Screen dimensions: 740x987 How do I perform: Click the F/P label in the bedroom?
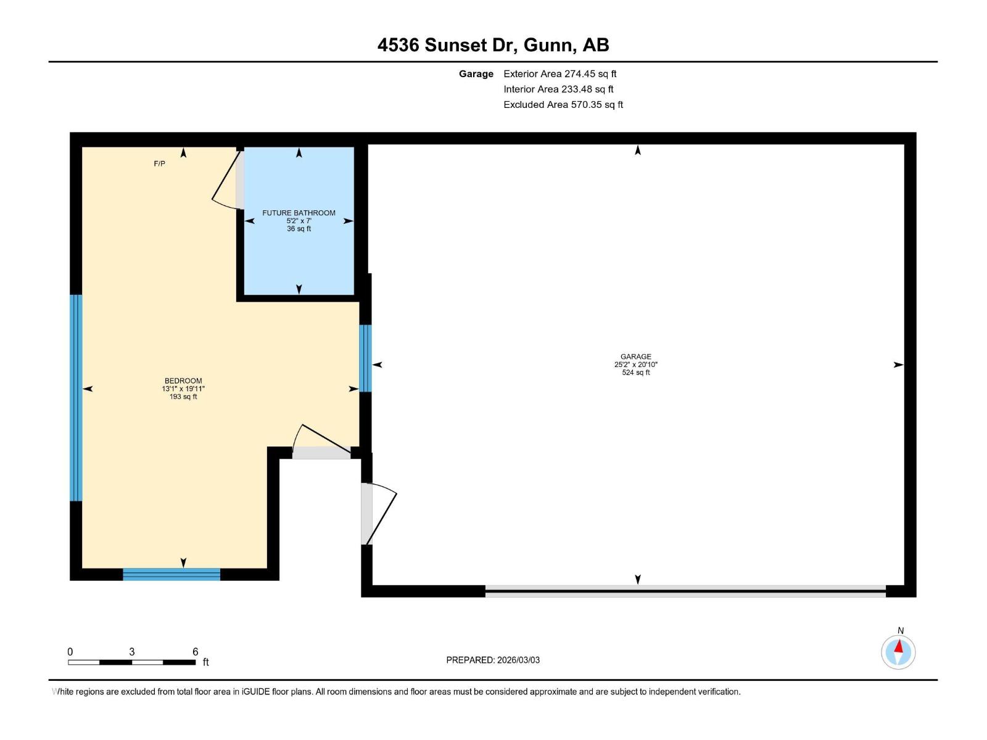(x=159, y=163)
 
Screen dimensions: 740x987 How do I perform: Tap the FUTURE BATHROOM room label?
(x=299, y=213)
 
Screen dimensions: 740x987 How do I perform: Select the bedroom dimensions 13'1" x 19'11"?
(x=183, y=388)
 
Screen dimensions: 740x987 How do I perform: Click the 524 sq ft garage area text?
(x=635, y=372)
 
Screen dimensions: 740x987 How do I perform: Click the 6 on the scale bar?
(x=195, y=652)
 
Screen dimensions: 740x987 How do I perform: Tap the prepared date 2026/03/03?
(x=518, y=660)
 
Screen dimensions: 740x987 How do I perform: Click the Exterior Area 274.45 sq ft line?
(x=560, y=73)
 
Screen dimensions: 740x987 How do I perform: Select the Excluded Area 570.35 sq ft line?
(x=563, y=104)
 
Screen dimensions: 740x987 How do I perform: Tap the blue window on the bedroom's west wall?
(x=75, y=398)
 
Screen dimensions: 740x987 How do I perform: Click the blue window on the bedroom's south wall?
(x=171, y=574)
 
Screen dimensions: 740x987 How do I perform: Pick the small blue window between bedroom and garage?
(x=365, y=358)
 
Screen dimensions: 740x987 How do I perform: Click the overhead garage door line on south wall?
(x=685, y=591)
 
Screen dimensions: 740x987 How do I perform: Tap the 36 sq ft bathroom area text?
(x=299, y=229)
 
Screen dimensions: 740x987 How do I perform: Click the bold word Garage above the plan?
(x=476, y=73)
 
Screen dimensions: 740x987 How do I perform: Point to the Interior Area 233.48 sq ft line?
(x=558, y=89)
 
